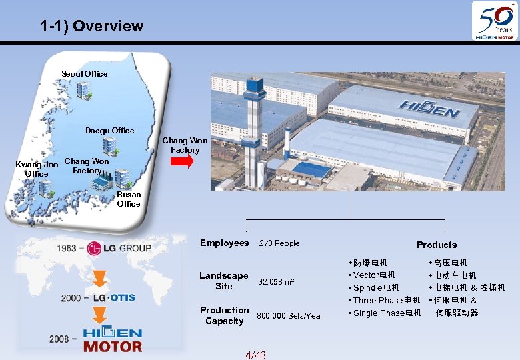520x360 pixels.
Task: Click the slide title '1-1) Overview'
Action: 91,27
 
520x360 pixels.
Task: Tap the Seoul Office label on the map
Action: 84,73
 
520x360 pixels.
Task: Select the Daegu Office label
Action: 109,130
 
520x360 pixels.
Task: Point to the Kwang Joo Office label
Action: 37,169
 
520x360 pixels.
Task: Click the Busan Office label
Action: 129,199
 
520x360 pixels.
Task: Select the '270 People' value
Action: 279,243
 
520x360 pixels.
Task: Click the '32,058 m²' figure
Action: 276,282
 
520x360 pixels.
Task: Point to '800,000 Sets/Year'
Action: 289,315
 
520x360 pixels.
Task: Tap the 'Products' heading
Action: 437,245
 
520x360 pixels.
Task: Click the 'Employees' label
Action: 224,243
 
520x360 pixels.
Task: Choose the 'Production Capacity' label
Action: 224,315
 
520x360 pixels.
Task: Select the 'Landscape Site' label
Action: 223,281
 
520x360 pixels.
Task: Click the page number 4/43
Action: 255,355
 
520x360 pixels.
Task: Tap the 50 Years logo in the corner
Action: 494,21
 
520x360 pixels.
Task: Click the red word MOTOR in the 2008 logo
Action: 112,346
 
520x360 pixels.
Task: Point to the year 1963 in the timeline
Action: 66,248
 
